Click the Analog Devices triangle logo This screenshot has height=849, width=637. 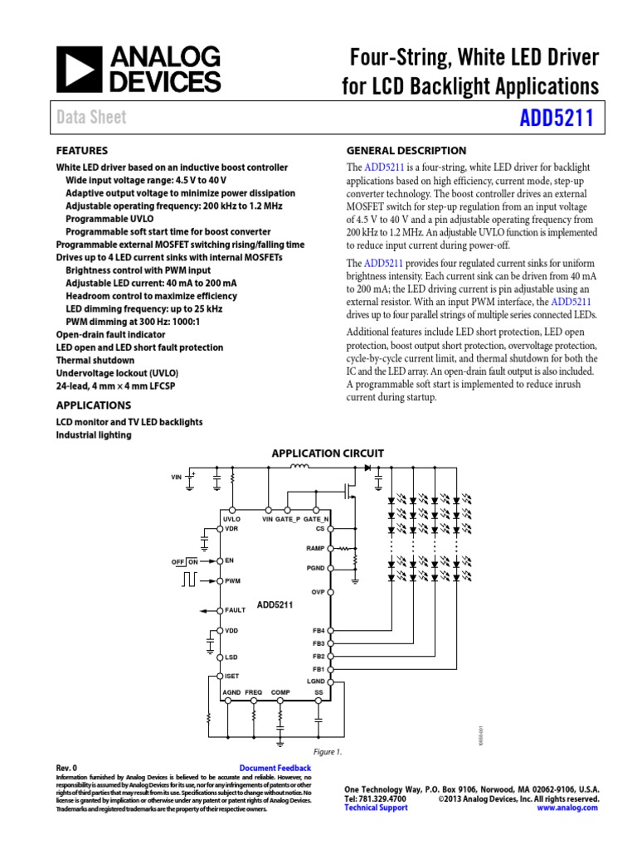[78, 69]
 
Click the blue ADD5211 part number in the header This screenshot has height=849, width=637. [555, 118]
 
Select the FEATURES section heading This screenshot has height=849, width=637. [81, 151]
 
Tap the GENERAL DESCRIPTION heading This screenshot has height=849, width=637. [406, 151]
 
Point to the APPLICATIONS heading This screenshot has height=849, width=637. [93, 405]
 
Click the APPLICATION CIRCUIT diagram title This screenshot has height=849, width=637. [328, 454]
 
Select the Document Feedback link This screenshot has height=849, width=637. [275, 769]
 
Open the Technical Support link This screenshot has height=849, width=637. [376, 808]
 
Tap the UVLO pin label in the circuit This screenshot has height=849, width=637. [231, 518]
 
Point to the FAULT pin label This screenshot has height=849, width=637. [235, 610]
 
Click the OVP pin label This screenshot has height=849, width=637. [318, 592]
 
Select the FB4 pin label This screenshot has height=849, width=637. [318, 631]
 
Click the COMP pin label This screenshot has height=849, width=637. [280, 691]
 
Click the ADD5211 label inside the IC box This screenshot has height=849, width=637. [275, 605]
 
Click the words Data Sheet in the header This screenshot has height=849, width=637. [91, 118]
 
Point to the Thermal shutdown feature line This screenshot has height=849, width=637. [95, 361]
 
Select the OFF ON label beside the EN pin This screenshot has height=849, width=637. [185, 561]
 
